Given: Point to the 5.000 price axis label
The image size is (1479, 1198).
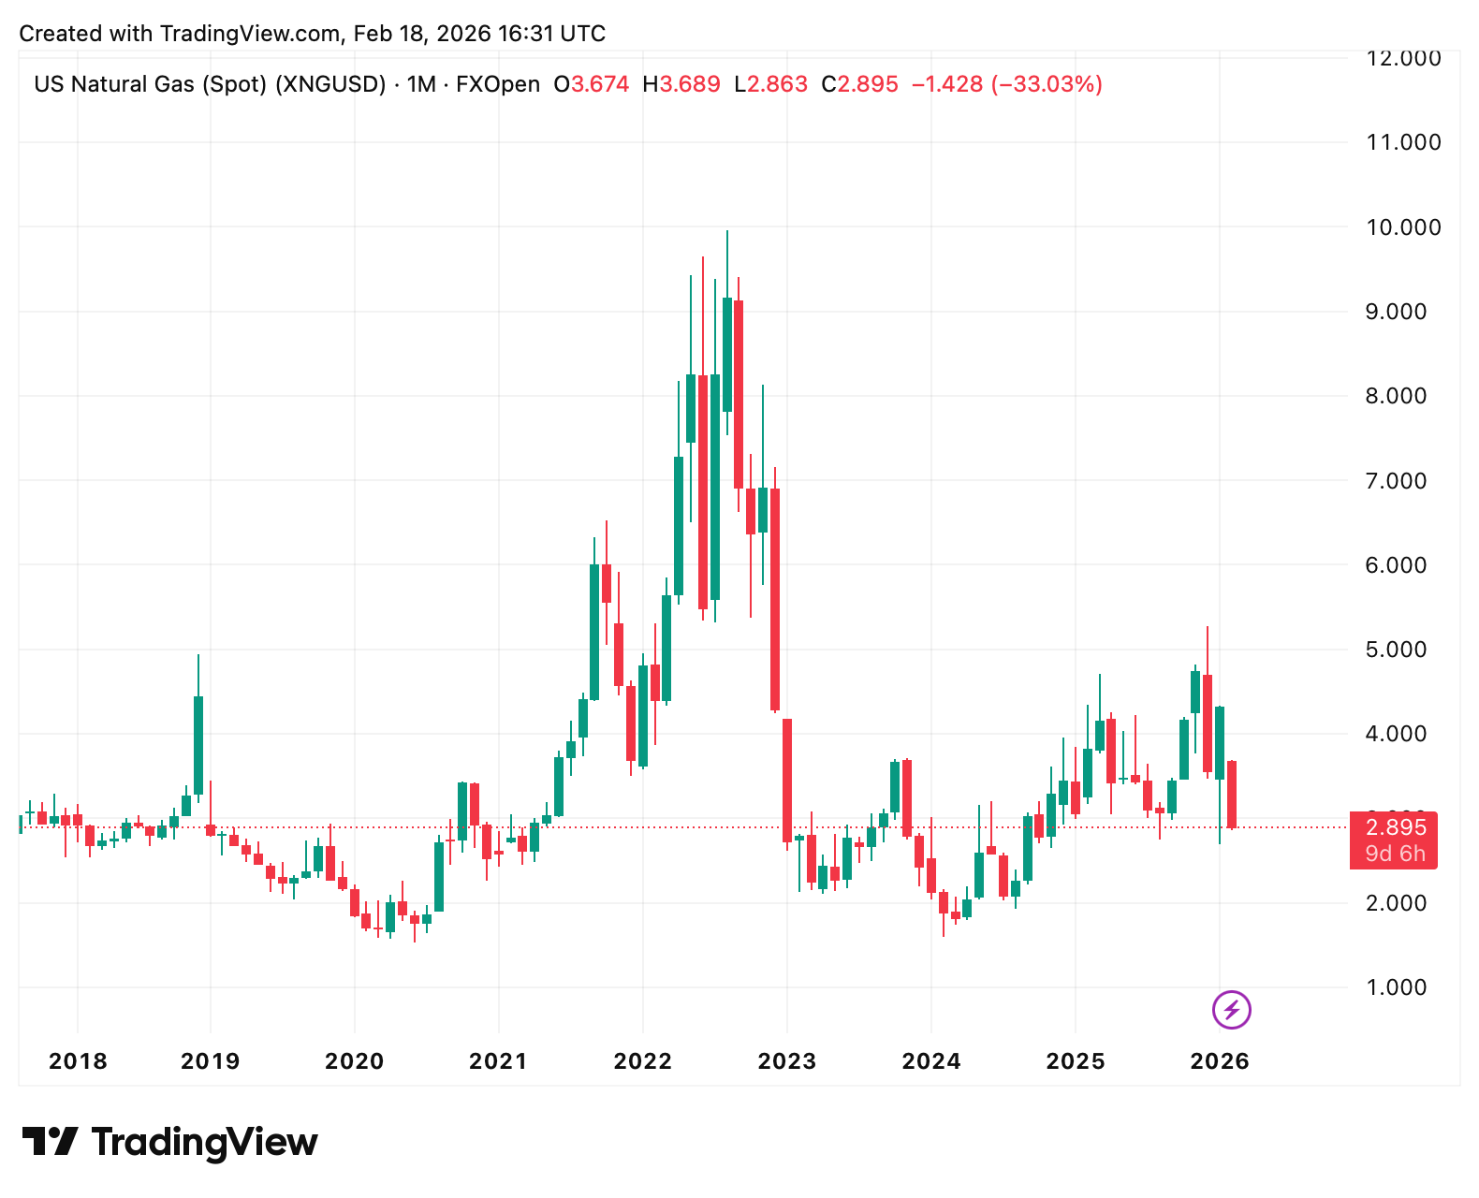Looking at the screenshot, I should click(1396, 650).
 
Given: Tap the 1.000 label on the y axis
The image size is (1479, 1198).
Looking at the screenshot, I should click(1396, 987).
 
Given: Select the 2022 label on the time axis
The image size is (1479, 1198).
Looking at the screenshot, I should click(642, 1061).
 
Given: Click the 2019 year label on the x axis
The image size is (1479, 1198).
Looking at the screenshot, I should click(210, 1061).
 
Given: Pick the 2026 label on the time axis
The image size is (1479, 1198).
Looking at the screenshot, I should click(1219, 1061).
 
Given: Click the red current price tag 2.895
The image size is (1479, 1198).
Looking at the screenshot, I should click(1395, 828).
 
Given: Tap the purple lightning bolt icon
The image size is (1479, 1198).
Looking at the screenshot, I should click(1231, 1010).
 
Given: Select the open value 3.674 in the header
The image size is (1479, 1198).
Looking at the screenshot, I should click(600, 84).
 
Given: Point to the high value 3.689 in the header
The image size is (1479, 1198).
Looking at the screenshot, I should click(690, 84).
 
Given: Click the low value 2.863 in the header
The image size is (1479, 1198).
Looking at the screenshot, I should click(777, 84).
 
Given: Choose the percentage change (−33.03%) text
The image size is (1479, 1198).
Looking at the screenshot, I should click(1047, 84).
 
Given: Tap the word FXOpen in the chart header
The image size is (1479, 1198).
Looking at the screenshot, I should click(497, 84).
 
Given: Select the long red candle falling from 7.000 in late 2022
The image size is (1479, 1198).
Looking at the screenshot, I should click(775, 599).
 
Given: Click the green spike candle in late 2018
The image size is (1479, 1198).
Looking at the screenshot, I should click(198, 744).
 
